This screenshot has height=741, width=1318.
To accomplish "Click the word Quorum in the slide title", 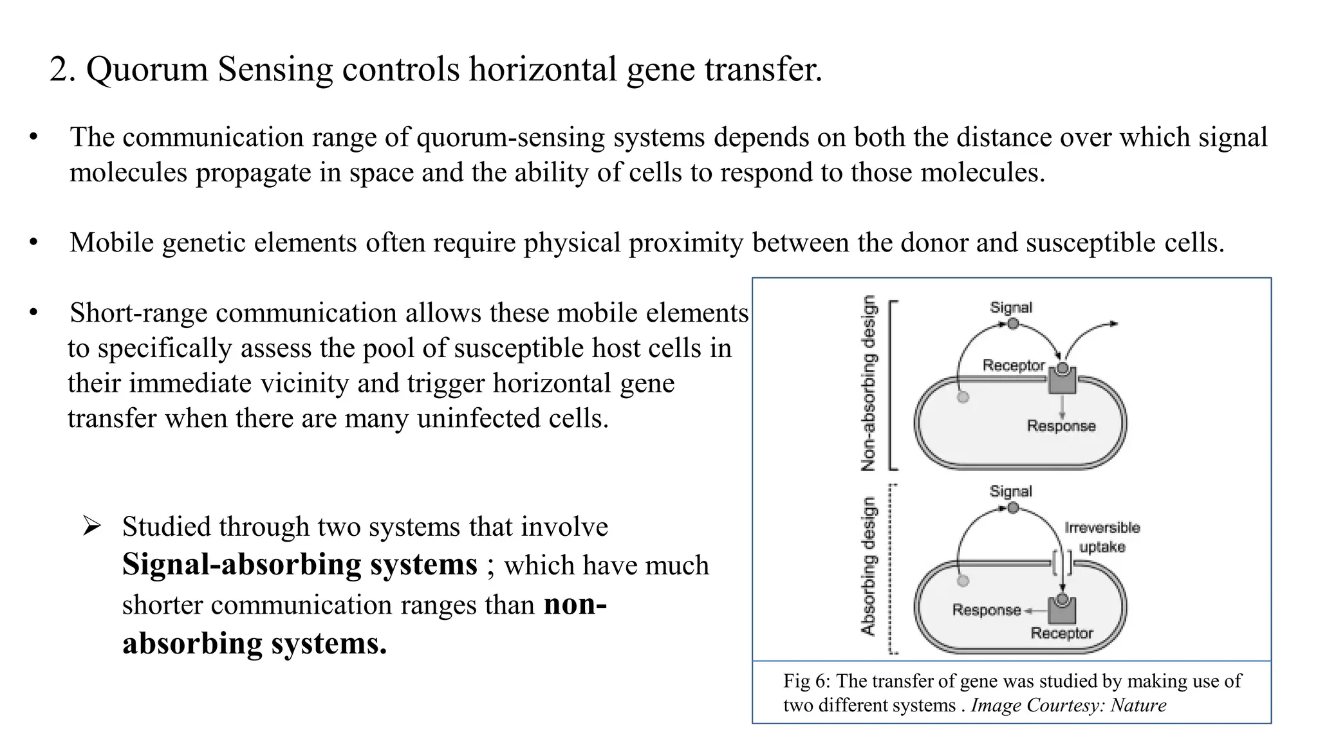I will (x=147, y=69).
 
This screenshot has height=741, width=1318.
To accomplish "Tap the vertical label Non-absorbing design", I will (x=868, y=383).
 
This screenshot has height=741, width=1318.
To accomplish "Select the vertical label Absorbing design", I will (x=868, y=565).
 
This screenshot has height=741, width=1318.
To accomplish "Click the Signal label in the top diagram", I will (x=1010, y=307).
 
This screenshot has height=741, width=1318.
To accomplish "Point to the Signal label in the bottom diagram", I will (x=1010, y=491).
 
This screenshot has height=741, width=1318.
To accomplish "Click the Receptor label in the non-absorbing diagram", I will (x=1013, y=365).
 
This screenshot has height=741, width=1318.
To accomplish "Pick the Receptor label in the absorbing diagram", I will (x=1061, y=634).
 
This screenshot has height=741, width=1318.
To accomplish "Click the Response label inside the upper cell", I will (x=1061, y=426).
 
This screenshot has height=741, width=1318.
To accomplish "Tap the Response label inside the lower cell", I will (x=986, y=610).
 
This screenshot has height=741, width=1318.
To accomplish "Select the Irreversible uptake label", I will (x=1102, y=537).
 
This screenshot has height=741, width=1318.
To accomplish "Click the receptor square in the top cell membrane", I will (x=1063, y=382).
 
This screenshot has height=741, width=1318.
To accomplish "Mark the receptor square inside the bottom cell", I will (x=1063, y=610).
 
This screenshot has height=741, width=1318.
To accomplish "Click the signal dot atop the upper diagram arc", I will (x=1013, y=323).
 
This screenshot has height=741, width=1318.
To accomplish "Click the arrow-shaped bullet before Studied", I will (x=92, y=527).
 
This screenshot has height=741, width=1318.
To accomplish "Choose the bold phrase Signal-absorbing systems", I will (x=299, y=565).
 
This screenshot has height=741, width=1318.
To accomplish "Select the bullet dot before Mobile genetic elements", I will (x=33, y=242).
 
